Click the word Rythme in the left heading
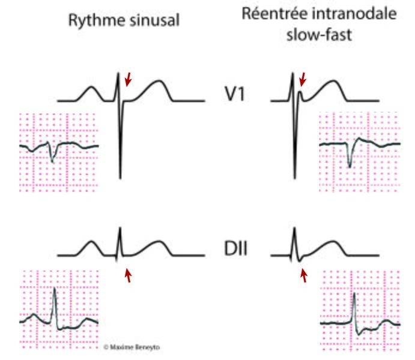point(97,20)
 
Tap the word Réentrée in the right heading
point(274,13)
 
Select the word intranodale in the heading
point(354,13)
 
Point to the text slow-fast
point(319,35)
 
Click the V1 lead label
point(234,94)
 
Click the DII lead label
point(235,248)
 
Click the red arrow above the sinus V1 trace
point(128,79)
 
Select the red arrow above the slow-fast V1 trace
point(303,79)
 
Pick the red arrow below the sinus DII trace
point(128,275)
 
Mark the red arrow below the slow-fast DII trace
point(304,275)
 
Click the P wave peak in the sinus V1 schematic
point(91,86)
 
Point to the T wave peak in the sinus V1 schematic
point(159,81)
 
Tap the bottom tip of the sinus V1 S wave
point(121,179)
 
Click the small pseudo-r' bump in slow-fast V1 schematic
point(300,92)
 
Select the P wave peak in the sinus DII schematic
point(91,241)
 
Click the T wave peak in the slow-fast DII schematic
point(332,241)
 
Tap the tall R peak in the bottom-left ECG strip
point(55,288)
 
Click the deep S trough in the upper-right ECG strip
point(350,167)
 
